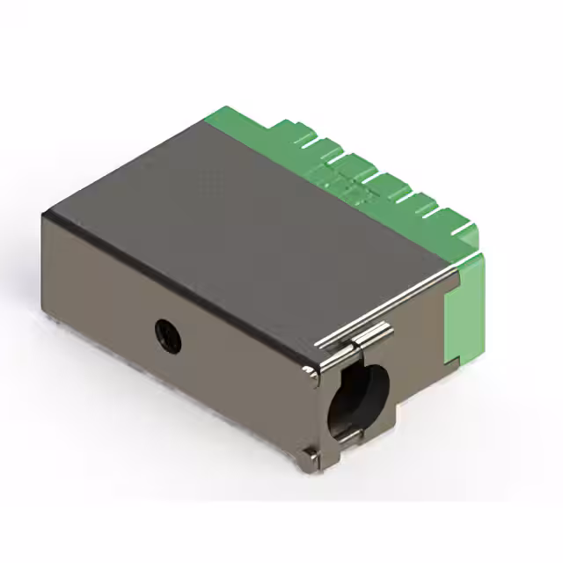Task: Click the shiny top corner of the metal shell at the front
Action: (310, 373)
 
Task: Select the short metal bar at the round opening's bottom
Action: (347, 437)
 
